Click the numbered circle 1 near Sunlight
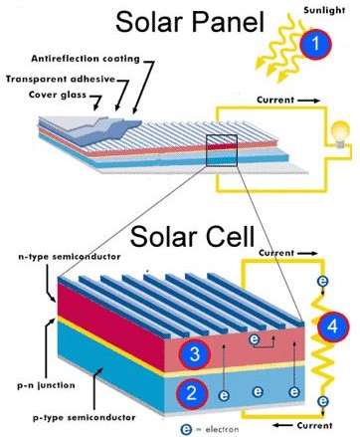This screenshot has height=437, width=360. (315, 44)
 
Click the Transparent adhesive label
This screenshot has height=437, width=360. (62, 79)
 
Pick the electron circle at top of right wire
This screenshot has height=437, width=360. (320, 283)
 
